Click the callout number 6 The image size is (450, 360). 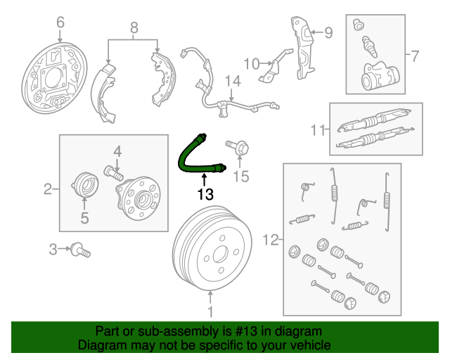(60, 22)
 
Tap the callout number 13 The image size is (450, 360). (205, 194)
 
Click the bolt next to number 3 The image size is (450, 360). (81, 249)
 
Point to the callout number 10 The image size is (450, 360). (251, 64)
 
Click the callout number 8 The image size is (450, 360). (134, 29)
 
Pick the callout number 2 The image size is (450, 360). (48, 188)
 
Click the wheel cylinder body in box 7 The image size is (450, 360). (376, 79)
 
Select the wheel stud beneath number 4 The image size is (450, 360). (113, 169)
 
